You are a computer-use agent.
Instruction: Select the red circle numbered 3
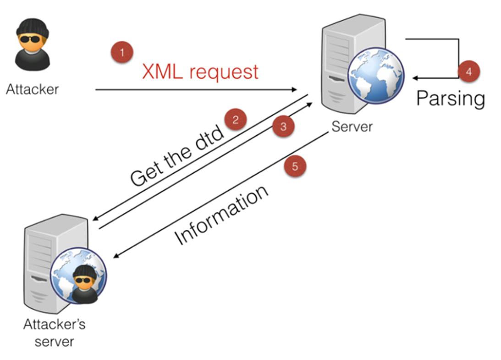pos(283,127)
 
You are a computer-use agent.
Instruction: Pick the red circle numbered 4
pos(469,72)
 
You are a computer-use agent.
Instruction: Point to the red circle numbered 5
pos(295,166)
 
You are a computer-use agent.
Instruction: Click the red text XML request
pos(200,72)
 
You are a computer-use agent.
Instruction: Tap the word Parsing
pos(450,98)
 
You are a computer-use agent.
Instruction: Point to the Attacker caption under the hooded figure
pos(32,89)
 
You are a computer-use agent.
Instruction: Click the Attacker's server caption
pos(54,333)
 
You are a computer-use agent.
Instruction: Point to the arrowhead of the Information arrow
pos(116,258)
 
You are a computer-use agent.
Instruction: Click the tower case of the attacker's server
pos(44,261)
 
